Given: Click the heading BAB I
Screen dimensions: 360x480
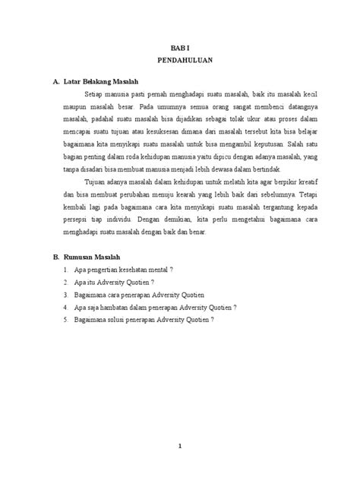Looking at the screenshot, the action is (x=179, y=46).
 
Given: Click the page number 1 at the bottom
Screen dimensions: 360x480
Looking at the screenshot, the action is (x=179, y=446).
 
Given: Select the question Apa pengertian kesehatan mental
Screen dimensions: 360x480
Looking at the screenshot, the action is (x=124, y=269).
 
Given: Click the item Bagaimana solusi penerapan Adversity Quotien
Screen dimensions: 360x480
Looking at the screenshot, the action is (x=143, y=319).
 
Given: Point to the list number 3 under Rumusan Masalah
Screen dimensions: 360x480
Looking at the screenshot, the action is (x=67, y=294).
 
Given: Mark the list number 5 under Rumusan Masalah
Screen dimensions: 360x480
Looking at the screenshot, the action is (x=67, y=319).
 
